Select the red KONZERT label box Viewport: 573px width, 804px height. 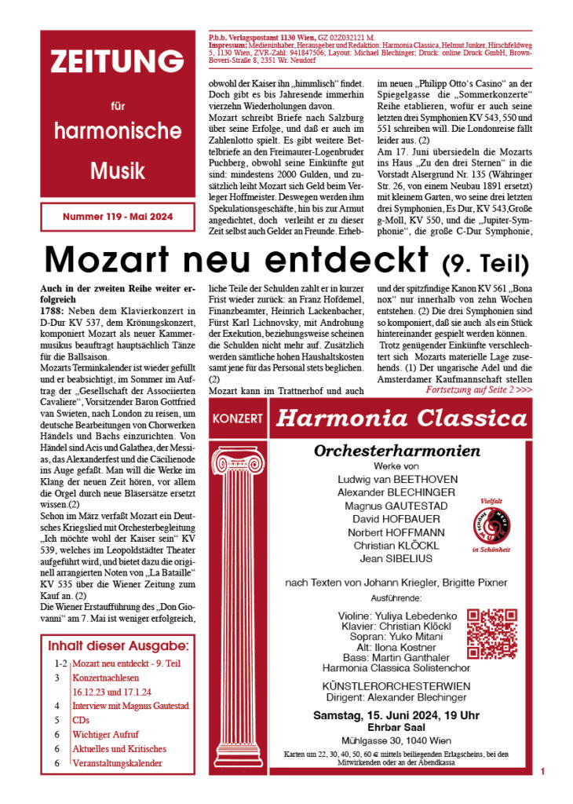(237, 418)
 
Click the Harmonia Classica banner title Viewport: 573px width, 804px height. (401, 418)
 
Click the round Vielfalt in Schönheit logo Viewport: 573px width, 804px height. (495, 522)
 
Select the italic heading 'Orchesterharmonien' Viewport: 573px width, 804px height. (397, 451)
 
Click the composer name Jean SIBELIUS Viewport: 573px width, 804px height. (397, 558)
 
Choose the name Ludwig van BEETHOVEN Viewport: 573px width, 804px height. (397, 479)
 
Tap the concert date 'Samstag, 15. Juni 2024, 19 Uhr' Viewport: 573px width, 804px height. (396, 715)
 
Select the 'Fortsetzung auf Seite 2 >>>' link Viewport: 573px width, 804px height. (479, 389)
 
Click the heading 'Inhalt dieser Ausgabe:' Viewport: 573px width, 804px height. (119, 646)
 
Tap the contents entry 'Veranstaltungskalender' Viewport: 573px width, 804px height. (117, 762)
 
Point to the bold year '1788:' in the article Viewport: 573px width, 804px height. (54, 309)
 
